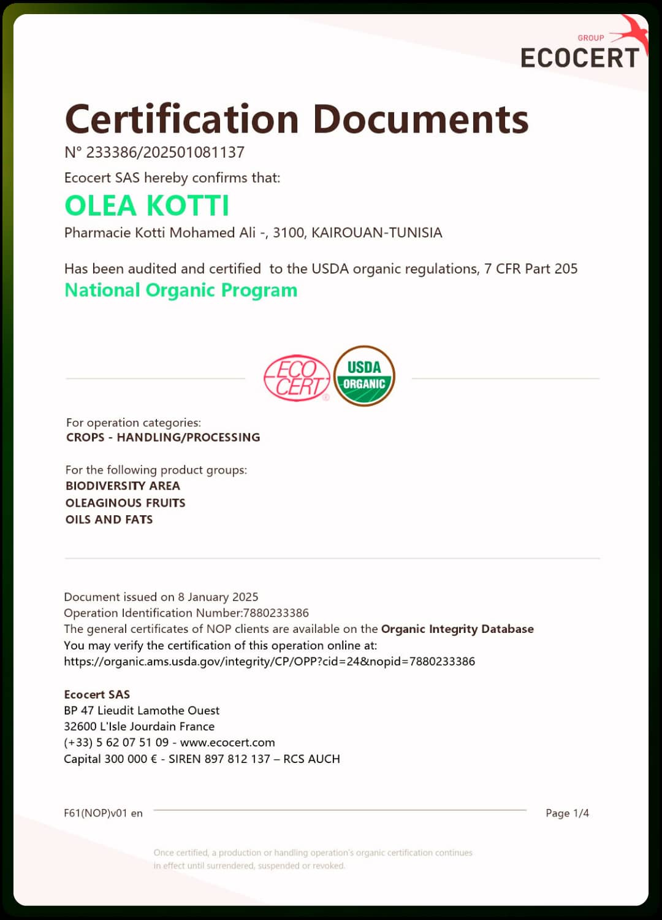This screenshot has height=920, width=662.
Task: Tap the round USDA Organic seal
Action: pos(364,377)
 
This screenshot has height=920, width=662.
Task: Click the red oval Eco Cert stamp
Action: pos(297,378)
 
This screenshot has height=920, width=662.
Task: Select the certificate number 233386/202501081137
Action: pos(165,152)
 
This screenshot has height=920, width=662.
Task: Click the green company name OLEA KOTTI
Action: pos(147,205)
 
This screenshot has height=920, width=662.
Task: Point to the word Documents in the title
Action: pos(420,119)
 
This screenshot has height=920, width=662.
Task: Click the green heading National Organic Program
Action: pos(181,290)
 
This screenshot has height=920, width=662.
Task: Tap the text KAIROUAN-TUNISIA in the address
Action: pos(376,233)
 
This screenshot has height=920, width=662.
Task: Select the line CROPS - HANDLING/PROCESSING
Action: pos(163,437)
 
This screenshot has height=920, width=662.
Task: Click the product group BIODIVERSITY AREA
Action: pos(123,486)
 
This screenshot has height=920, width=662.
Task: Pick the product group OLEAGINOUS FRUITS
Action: pos(125,503)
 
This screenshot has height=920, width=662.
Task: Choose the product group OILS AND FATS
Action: pos(109,519)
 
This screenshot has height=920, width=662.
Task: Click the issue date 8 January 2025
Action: pos(218,597)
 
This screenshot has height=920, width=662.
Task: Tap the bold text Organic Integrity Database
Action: pos(457,629)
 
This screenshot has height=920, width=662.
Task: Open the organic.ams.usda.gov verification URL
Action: pos(269,661)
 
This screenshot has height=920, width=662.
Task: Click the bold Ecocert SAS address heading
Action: pos(97,694)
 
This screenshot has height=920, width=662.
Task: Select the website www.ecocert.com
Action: pos(227,742)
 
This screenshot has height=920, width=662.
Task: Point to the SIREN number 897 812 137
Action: pos(237,759)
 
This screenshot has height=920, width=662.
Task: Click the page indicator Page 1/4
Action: pos(567,813)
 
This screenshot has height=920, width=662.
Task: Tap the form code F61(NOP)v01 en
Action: pos(103,813)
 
